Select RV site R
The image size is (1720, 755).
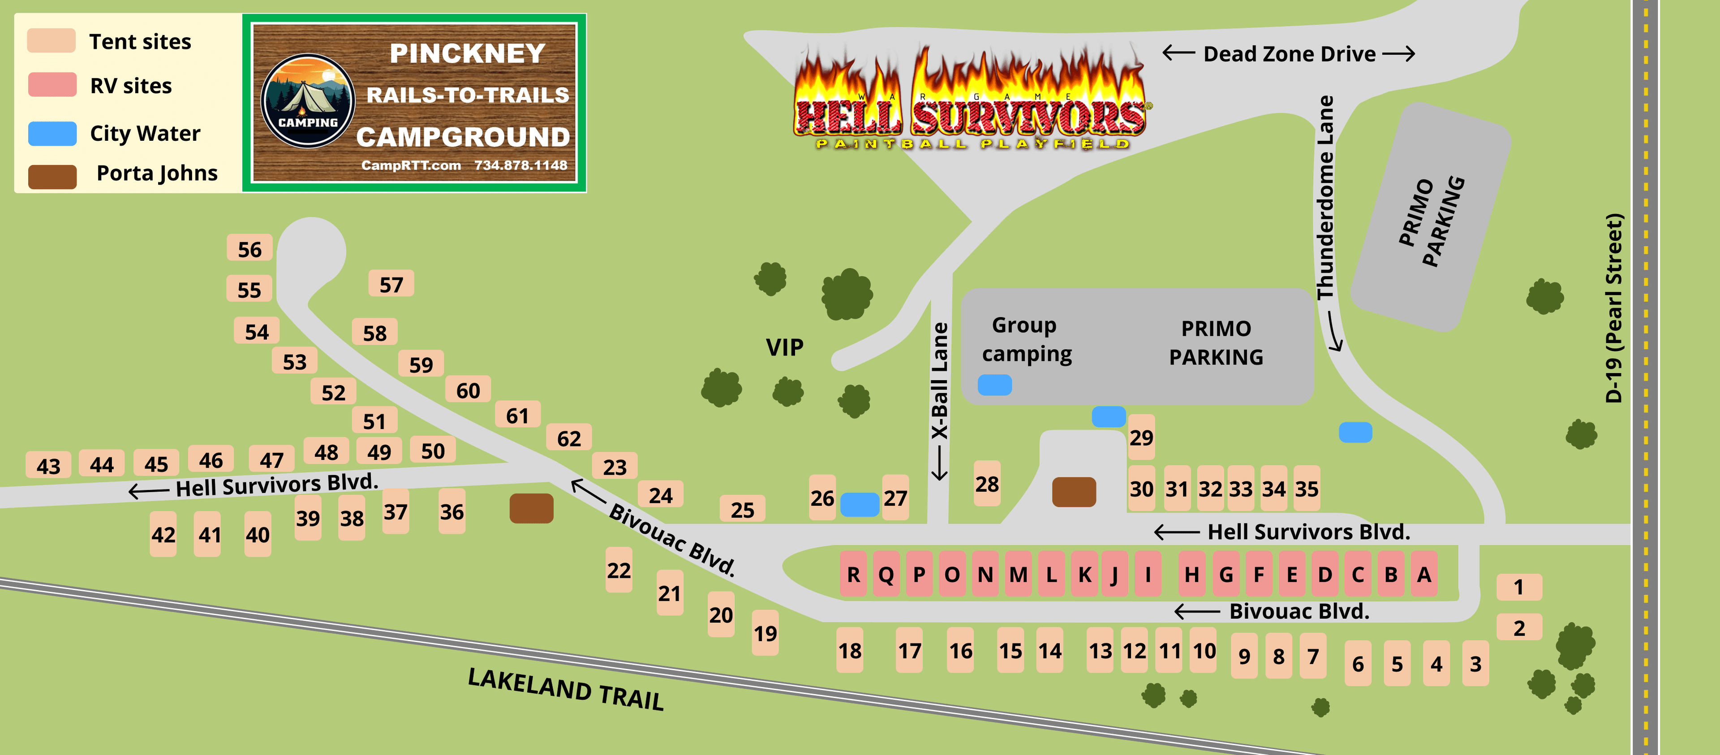[853, 574]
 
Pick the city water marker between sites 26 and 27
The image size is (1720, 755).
[860, 504]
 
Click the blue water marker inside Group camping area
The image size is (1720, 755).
[994, 385]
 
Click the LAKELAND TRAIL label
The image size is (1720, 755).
[566, 689]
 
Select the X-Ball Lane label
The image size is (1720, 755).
[939, 381]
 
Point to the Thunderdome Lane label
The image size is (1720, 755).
[1325, 198]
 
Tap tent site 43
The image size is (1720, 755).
[48, 465]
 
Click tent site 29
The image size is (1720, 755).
[1141, 437]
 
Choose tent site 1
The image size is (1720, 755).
[1518, 586]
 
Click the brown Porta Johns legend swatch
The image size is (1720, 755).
[52, 176]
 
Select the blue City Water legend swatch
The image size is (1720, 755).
[52, 133]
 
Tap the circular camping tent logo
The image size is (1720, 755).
[308, 101]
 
